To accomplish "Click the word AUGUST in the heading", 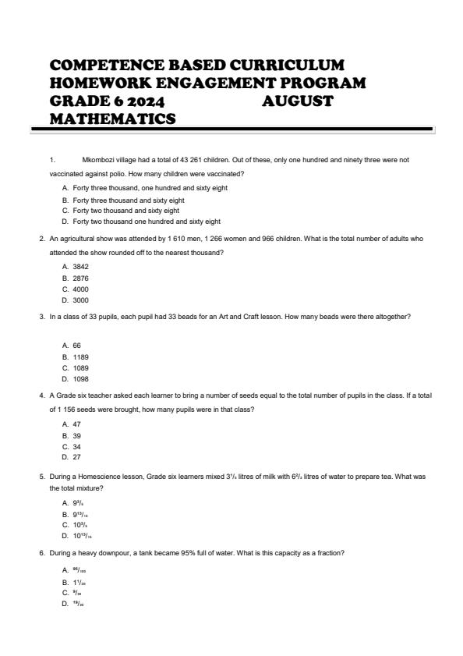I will [297, 101].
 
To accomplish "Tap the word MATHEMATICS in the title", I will [112, 119].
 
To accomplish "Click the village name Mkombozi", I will [97, 160].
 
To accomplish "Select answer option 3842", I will [80, 266].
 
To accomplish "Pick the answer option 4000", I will [80, 289].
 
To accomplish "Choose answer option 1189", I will [80, 356].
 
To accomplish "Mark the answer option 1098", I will [80, 379].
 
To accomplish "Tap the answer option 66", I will [77, 345].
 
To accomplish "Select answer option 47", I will [77, 424].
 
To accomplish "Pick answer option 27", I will [77, 458].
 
